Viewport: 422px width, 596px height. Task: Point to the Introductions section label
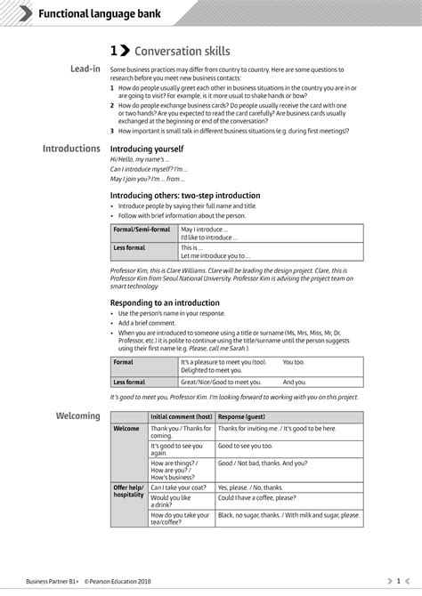click(71, 149)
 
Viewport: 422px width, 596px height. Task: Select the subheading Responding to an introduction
click(165, 302)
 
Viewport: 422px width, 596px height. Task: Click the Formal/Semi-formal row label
click(142, 230)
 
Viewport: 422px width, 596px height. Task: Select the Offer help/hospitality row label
click(128, 491)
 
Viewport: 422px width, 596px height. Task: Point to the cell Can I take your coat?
click(181, 487)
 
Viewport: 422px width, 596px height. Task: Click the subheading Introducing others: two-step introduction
click(185, 195)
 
